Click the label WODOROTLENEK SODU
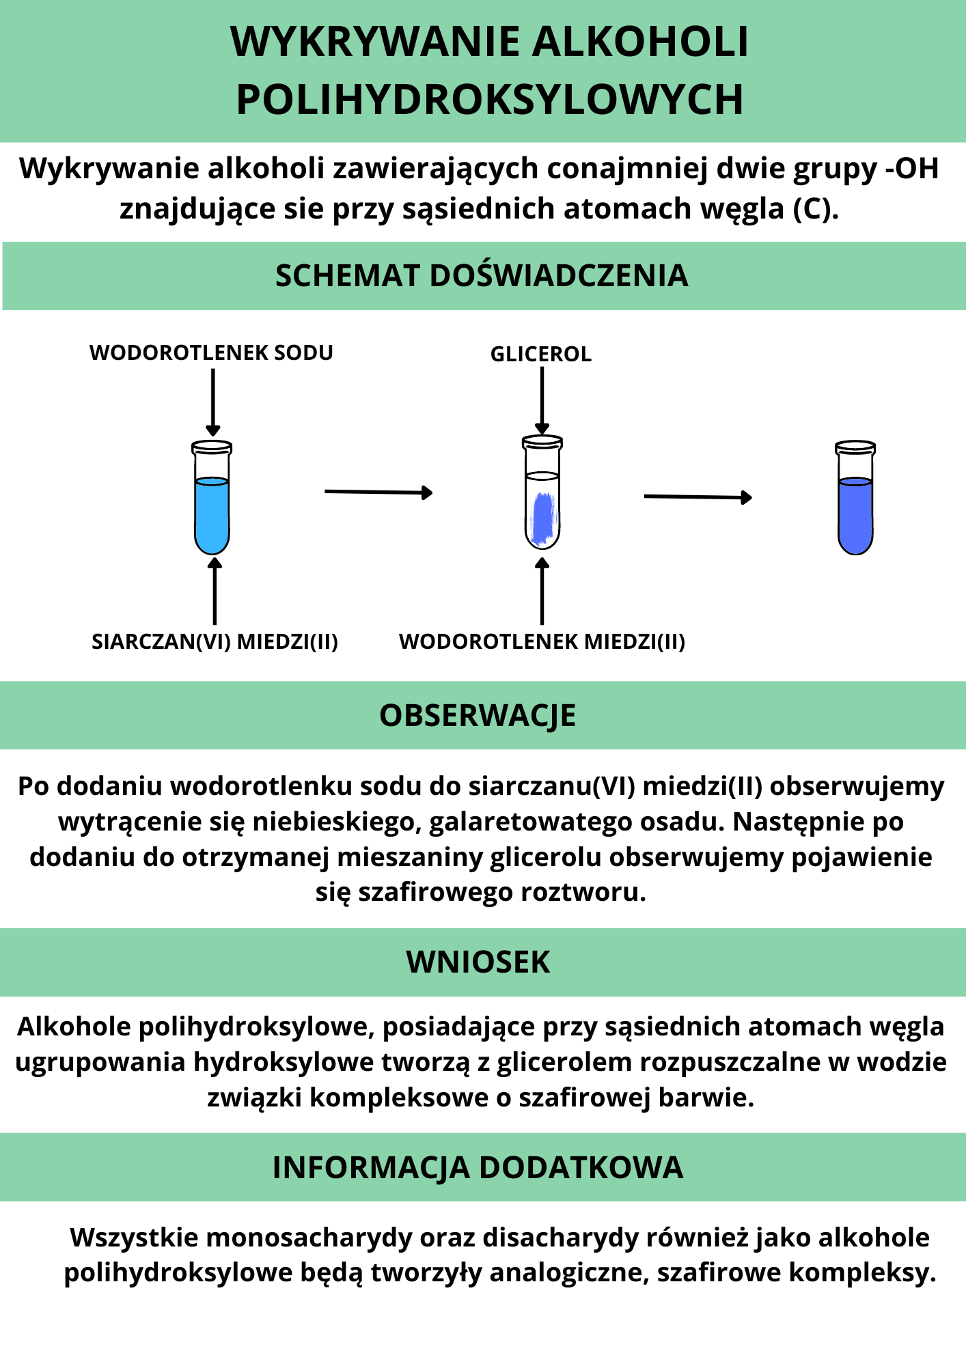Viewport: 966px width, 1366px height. (x=211, y=352)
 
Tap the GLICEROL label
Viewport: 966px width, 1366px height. (x=541, y=354)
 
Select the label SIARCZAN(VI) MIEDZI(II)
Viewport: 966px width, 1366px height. (x=215, y=641)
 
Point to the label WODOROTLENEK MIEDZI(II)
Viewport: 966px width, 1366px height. (x=542, y=641)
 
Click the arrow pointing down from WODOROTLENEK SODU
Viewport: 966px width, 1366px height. (x=213, y=402)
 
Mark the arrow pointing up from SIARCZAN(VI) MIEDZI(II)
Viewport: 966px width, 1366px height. (x=215, y=591)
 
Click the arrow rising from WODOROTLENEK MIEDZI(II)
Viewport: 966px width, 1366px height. (x=542, y=591)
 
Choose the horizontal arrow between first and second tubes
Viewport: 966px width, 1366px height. (x=378, y=492)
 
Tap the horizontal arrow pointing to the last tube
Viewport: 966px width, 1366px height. (x=698, y=497)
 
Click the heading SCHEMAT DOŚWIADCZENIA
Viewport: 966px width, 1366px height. (x=482, y=276)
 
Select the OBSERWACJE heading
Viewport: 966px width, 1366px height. (x=478, y=716)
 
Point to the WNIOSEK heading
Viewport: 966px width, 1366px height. (x=478, y=962)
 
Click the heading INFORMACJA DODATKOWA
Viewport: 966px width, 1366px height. (x=478, y=1167)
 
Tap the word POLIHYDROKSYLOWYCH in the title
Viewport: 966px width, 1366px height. (x=489, y=100)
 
